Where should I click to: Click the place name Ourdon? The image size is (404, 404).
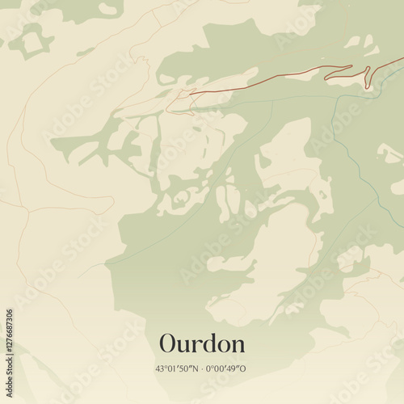tap(202, 343)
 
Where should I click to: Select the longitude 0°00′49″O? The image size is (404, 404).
tap(226, 369)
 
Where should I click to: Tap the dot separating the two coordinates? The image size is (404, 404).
tap(201, 369)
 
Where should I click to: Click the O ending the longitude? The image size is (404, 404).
tap(244, 369)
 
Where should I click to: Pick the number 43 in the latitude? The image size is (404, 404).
tap(160, 369)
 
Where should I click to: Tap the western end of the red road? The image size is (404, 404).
tap(191, 94)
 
